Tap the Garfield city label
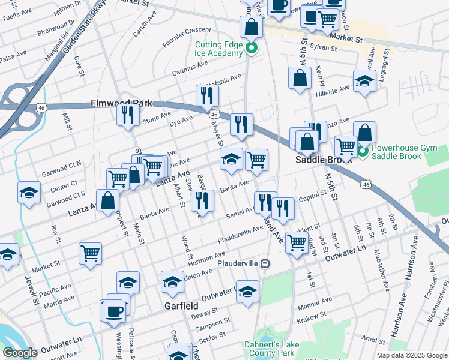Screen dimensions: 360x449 (x=181, y=306)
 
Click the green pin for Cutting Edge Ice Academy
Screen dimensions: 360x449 (x=252, y=49)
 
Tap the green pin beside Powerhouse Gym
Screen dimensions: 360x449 (x=363, y=150)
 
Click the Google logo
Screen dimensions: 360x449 (x=20, y=353)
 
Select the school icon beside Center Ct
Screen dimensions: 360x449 (x=28, y=193)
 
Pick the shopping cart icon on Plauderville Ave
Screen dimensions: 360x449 (x=297, y=242)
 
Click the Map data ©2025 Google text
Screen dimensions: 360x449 (x=411, y=355)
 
